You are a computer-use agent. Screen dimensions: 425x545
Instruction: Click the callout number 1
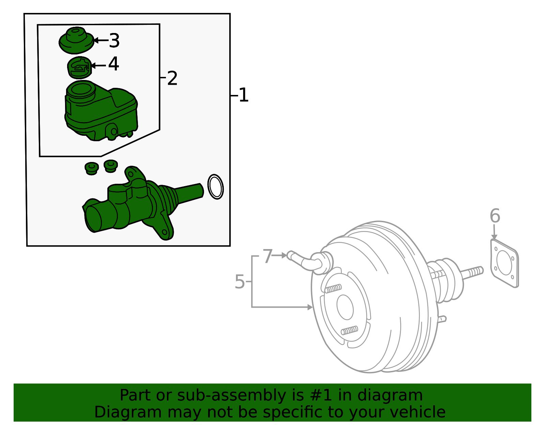pos(244,95)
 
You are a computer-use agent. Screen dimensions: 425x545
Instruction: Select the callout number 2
pos(172,79)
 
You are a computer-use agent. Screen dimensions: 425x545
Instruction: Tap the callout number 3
pos(114,40)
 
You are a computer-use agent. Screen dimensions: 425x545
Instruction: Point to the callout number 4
pos(113,64)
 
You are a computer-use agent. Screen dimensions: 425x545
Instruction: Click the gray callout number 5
pos(240,282)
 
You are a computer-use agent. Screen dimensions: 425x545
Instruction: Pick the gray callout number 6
pos(495,216)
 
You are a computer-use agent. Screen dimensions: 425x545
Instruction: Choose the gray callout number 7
pos(268,256)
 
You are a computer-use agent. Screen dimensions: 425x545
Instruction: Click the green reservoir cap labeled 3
pos(76,41)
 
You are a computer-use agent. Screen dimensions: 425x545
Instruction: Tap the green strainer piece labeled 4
pos(79,67)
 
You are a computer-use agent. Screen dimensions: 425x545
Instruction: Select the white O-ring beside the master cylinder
pos(216,186)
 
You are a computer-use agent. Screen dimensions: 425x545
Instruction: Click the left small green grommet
pos(91,168)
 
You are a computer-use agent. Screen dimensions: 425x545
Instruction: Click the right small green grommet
pos(111,166)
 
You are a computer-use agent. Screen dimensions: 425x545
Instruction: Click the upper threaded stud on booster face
pos(333,289)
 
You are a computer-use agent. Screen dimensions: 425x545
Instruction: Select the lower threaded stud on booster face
pos(349,330)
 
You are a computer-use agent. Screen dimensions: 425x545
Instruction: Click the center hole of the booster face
pos(345,307)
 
